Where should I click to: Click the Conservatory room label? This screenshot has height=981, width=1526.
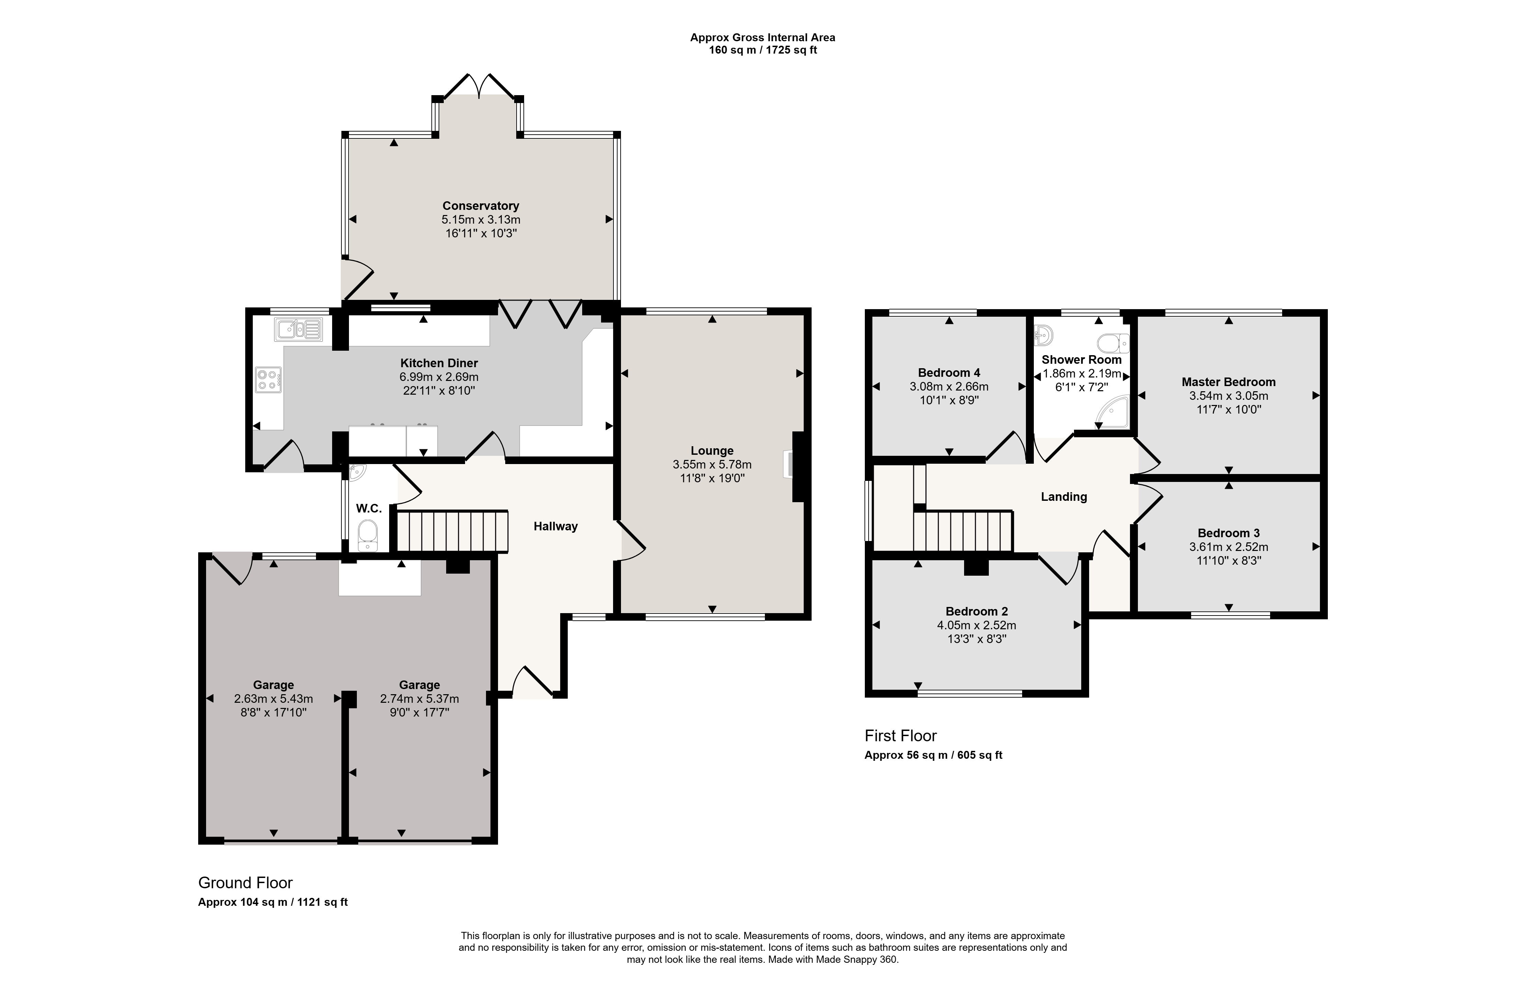pos(481,206)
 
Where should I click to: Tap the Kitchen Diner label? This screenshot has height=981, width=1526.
pos(439,363)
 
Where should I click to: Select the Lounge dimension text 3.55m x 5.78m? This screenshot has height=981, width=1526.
pos(712,464)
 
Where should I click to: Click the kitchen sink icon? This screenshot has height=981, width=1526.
pos(299,329)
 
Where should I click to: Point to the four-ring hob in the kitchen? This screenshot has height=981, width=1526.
pos(268,380)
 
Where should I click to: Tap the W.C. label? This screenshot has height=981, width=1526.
pos(369,508)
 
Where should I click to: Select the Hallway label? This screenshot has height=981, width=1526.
pos(555,526)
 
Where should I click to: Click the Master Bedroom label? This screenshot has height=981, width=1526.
pos(1229,382)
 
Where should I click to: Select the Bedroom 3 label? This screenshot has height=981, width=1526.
pos(1229,533)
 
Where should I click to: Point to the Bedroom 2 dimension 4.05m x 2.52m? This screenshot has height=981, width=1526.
pos(976,625)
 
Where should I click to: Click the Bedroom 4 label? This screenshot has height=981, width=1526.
pos(949,373)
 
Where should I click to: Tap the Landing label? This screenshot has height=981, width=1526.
pos(1064,497)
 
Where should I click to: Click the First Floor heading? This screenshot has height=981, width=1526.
pos(901,736)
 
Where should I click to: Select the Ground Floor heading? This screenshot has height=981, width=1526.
pos(245,883)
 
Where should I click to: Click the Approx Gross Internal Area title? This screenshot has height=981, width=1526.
pos(762,37)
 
